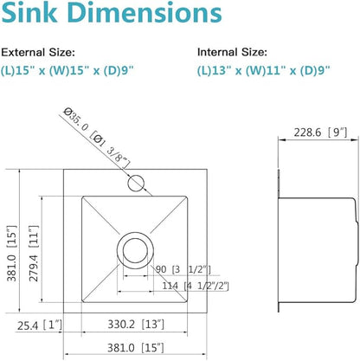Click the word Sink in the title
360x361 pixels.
point(29,13)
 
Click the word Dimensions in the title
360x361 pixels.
point(145,13)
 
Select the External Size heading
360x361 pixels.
point(38,53)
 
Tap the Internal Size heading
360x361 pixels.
point(232,52)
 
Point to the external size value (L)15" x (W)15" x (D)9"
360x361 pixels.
point(67,70)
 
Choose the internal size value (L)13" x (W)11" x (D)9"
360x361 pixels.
point(264,70)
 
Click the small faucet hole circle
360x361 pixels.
point(136,183)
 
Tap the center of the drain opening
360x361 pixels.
point(135,250)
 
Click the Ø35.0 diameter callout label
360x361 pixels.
point(96,138)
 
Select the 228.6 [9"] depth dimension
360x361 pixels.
point(320,132)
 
